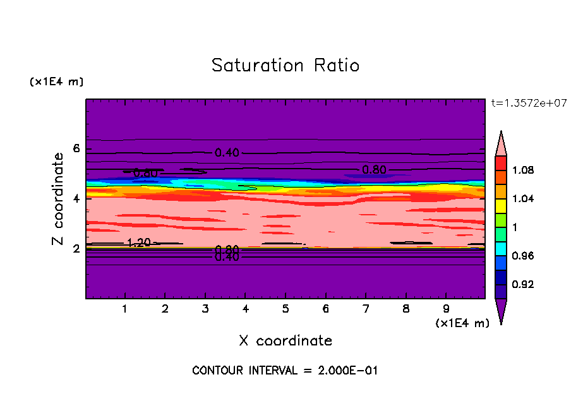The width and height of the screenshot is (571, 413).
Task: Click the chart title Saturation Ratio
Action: click(285, 66)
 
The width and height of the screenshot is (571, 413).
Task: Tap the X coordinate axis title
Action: click(285, 341)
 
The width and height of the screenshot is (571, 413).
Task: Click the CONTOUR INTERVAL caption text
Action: click(285, 371)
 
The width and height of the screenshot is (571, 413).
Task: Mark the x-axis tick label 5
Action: click(285, 309)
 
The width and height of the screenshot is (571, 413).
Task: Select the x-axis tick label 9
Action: click(446, 309)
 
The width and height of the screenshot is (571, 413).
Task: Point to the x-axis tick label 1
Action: click(125, 309)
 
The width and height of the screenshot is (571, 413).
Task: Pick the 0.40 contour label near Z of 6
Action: click(227, 153)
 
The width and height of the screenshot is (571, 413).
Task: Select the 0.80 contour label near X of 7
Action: click(374, 169)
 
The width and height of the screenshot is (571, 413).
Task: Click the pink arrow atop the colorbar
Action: click(501, 143)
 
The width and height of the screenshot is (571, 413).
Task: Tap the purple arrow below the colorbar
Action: click(501, 311)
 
